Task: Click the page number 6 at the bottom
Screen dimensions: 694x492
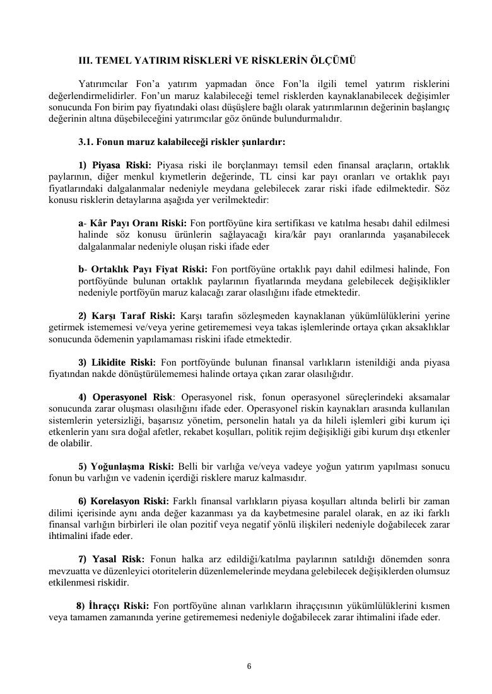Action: point(249,666)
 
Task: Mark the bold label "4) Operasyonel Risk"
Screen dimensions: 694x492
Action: point(125,396)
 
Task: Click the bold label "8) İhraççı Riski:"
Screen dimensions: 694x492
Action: point(112,606)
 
